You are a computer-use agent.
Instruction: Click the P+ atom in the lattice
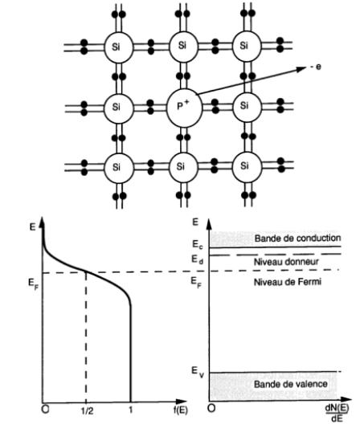(183, 106)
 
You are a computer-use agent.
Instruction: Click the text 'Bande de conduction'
(297, 238)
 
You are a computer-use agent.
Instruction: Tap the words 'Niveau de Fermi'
(283, 281)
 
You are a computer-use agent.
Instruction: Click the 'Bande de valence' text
(292, 385)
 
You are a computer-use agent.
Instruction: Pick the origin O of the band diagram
(211, 410)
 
